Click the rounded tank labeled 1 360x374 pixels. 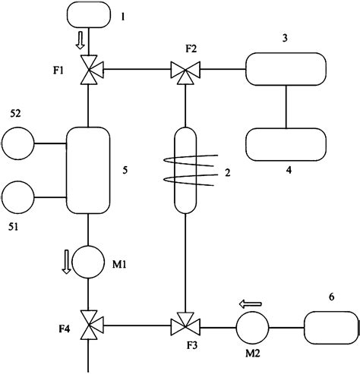(90, 14)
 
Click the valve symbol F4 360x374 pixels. (90, 327)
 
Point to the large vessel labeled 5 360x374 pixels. (90, 170)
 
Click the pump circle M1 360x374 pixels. (90, 262)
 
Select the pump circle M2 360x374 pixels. (251, 327)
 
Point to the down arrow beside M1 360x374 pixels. (66, 262)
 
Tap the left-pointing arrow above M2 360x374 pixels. (251, 304)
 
